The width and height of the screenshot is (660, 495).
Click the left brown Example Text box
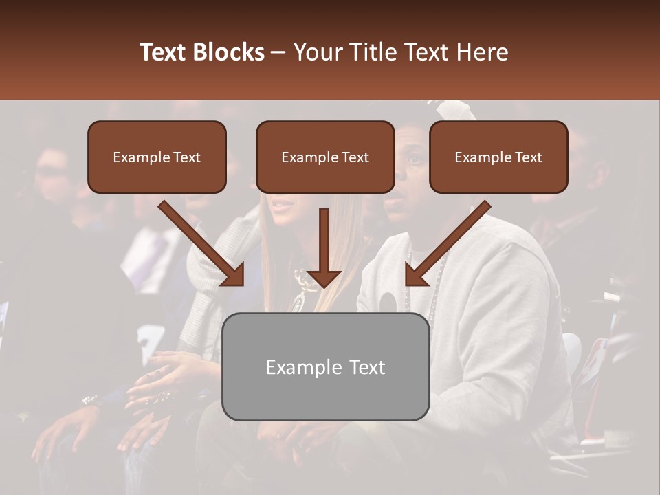click(157, 157)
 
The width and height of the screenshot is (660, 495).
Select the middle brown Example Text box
click(325, 157)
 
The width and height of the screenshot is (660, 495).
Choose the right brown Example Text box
click(498, 157)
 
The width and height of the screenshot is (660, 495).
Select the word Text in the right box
click(529, 157)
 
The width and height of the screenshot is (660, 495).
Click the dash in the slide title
click(278, 52)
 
